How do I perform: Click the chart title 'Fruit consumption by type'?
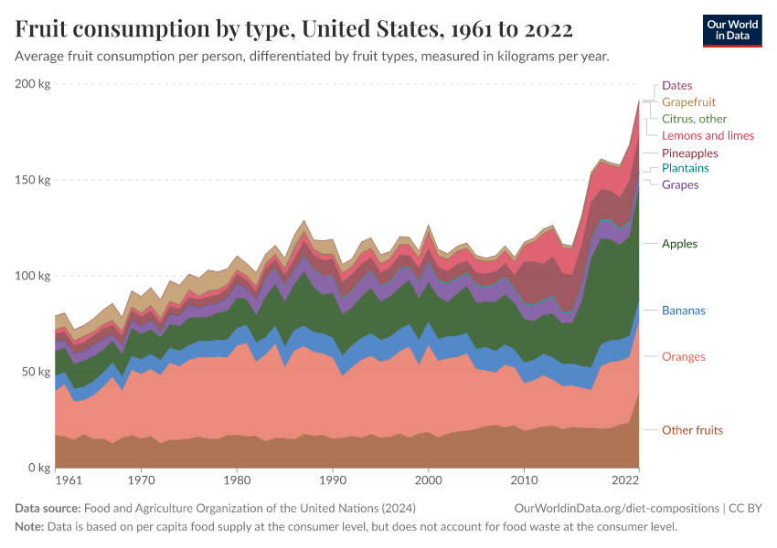pyautogui.click(x=293, y=29)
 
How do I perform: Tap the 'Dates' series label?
pyautogui.click(x=676, y=85)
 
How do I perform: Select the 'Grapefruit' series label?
pyautogui.click(x=688, y=102)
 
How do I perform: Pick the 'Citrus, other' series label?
pyautogui.click(x=694, y=119)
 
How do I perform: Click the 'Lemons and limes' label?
pyautogui.click(x=708, y=135)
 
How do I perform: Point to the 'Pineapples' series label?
pyautogui.click(x=689, y=153)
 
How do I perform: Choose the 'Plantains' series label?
pyautogui.click(x=685, y=168)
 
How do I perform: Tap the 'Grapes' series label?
pyautogui.click(x=680, y=184)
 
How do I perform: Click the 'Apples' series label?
pyautogui.click(x=679, y=244)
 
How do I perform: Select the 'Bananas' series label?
pyautogui.click(x=684, y=311)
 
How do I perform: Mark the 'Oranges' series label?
pyautogui.click(x=684, y=356)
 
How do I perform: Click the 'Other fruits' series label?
pyautogui.click(x=693, y=430)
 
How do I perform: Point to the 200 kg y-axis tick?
pyautogui.click(x=33, y=84)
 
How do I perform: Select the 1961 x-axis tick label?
pyautogui.click(x=68, y=479)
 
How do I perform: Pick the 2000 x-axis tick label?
pyautogui.click(x=428, y=479)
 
